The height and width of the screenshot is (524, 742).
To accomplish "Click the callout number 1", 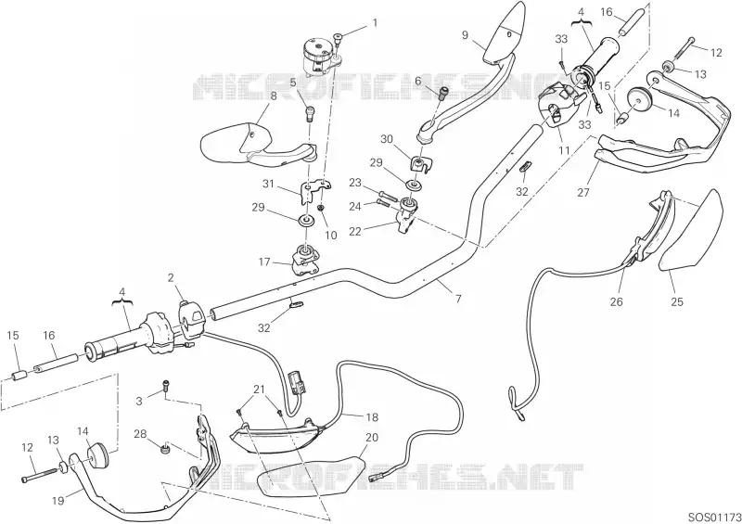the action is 376,22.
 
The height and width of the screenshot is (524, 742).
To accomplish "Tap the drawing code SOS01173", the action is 714,516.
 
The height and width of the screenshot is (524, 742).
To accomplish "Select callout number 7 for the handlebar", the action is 458,299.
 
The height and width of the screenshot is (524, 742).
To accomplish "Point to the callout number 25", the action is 677,301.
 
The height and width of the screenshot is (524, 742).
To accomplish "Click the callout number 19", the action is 58,500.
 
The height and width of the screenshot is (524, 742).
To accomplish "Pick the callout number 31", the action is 268,184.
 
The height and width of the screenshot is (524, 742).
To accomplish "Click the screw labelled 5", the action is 310,113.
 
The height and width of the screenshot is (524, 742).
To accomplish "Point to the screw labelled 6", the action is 444,94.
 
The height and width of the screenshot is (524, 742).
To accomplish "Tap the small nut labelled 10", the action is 321,208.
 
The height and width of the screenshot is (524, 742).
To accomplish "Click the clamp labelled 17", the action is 305,260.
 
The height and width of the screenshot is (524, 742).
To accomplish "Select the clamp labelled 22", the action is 407,214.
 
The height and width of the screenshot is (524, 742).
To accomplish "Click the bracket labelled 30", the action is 421,164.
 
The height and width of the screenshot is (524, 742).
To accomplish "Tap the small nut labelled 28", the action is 165,449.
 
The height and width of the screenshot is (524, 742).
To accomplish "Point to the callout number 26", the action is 617,301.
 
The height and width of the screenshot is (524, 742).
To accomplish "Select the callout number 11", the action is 563,150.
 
